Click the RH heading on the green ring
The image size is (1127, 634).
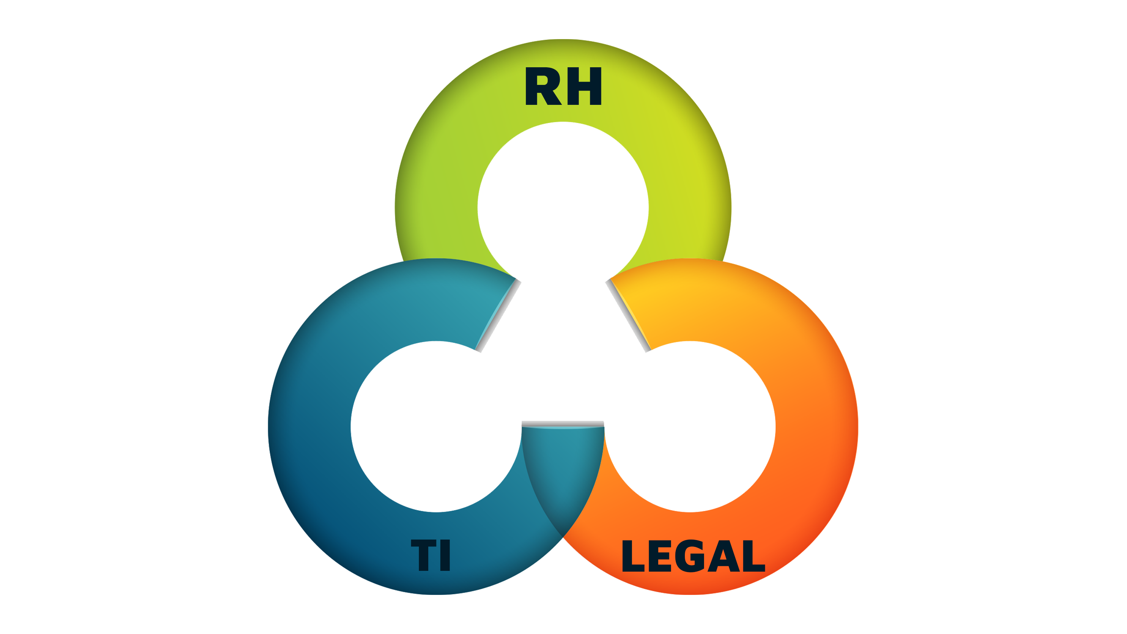[x=563, y=87]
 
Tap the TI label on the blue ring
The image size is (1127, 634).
[x=431, y=556]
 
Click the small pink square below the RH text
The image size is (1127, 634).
[x=584, y=263]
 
